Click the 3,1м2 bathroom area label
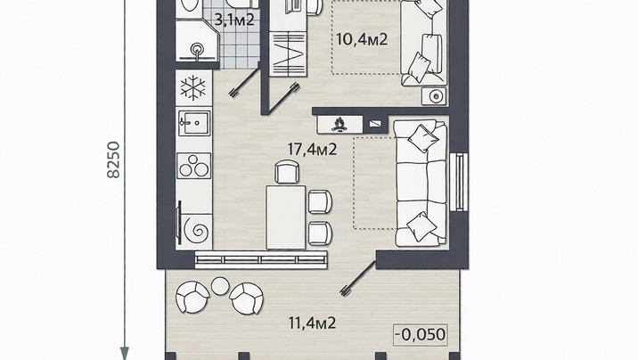(x=234, y=19)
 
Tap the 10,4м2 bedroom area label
(x=362, y=39)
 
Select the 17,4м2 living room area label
(x=312, y=150)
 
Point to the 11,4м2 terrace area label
(x=312, y=323)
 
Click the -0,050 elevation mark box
(x=421, y=335)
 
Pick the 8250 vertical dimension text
(x=113, y=160)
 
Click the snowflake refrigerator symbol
(x=193, y=87)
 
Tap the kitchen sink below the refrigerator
(x=194, y=123)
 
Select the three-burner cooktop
(x=193, y=166)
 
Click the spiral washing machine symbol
(x=197, y=231)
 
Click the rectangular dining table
(x=286, y=217)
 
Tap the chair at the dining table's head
(x=287, y=172)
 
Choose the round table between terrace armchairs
(x=220, y=286)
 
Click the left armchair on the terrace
(x=192, y=297)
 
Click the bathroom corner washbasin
(x=198, y=50)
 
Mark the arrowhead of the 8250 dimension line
(x=124, y=354)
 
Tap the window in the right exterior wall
(x=460, y=182)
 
